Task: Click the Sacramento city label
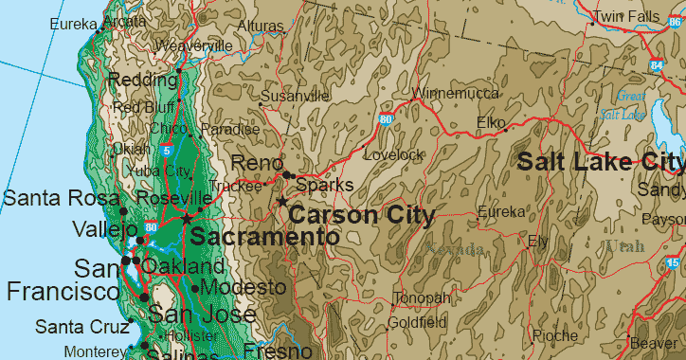pos(264,237)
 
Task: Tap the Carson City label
pos(361,215)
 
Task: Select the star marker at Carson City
pos(282,202)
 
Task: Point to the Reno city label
pos(251,163)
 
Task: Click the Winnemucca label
pos(456,94)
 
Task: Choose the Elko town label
pos(492,123)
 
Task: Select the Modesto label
pos(244,287)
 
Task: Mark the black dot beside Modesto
pos(195,288)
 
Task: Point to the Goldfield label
pos(417,322)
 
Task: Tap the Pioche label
pos(555,335)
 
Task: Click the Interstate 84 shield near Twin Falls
pos(657,65)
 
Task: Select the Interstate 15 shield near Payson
pos(672,262)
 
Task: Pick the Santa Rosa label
pos(61,198)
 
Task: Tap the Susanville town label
pos(295,97)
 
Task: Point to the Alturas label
pos(260,26)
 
